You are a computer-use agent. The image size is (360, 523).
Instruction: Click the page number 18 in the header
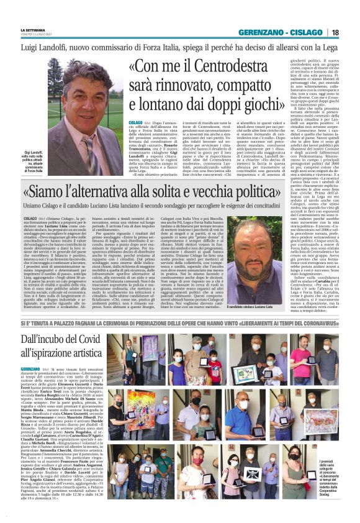coord(352,32)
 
